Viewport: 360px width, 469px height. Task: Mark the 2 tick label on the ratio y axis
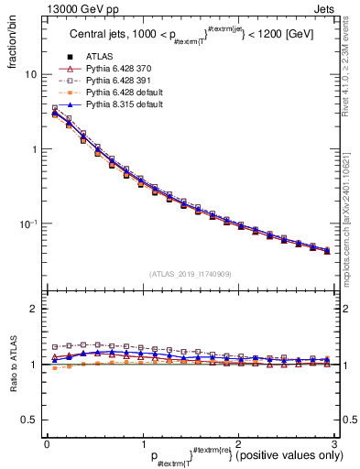coord(32,310)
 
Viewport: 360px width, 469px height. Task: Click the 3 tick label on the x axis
coord(333,445)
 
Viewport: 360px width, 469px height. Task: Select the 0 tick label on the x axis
coord(47,445)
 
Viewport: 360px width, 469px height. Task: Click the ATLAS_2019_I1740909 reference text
coord(190,274)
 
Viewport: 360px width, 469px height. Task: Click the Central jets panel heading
coord(190,36)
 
